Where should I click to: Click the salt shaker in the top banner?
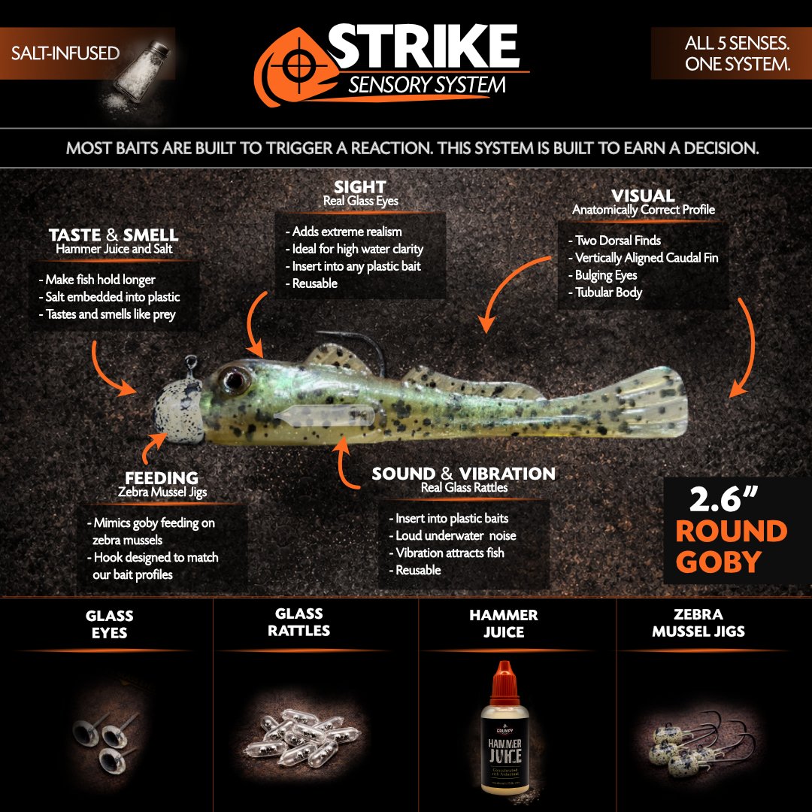tap(141, 71)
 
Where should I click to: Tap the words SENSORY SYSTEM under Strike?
tap(427, 84)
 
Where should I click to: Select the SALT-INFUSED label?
tap(65, 53)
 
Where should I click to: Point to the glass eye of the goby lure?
tap(234, 380)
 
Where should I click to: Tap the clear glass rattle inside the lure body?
tap(323, 415)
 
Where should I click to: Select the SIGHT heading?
tap(360, 186)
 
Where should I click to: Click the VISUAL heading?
tap(643, 195)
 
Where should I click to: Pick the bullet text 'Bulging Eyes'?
tap(606, 275)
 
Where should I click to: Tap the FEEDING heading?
tap(162, 477)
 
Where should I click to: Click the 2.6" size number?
tap(723, 499)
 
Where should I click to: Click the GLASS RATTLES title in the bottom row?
tap(298, 622)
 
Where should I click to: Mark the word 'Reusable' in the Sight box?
tap(315, 283)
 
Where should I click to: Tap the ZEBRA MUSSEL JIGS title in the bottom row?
tap(698, 623)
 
